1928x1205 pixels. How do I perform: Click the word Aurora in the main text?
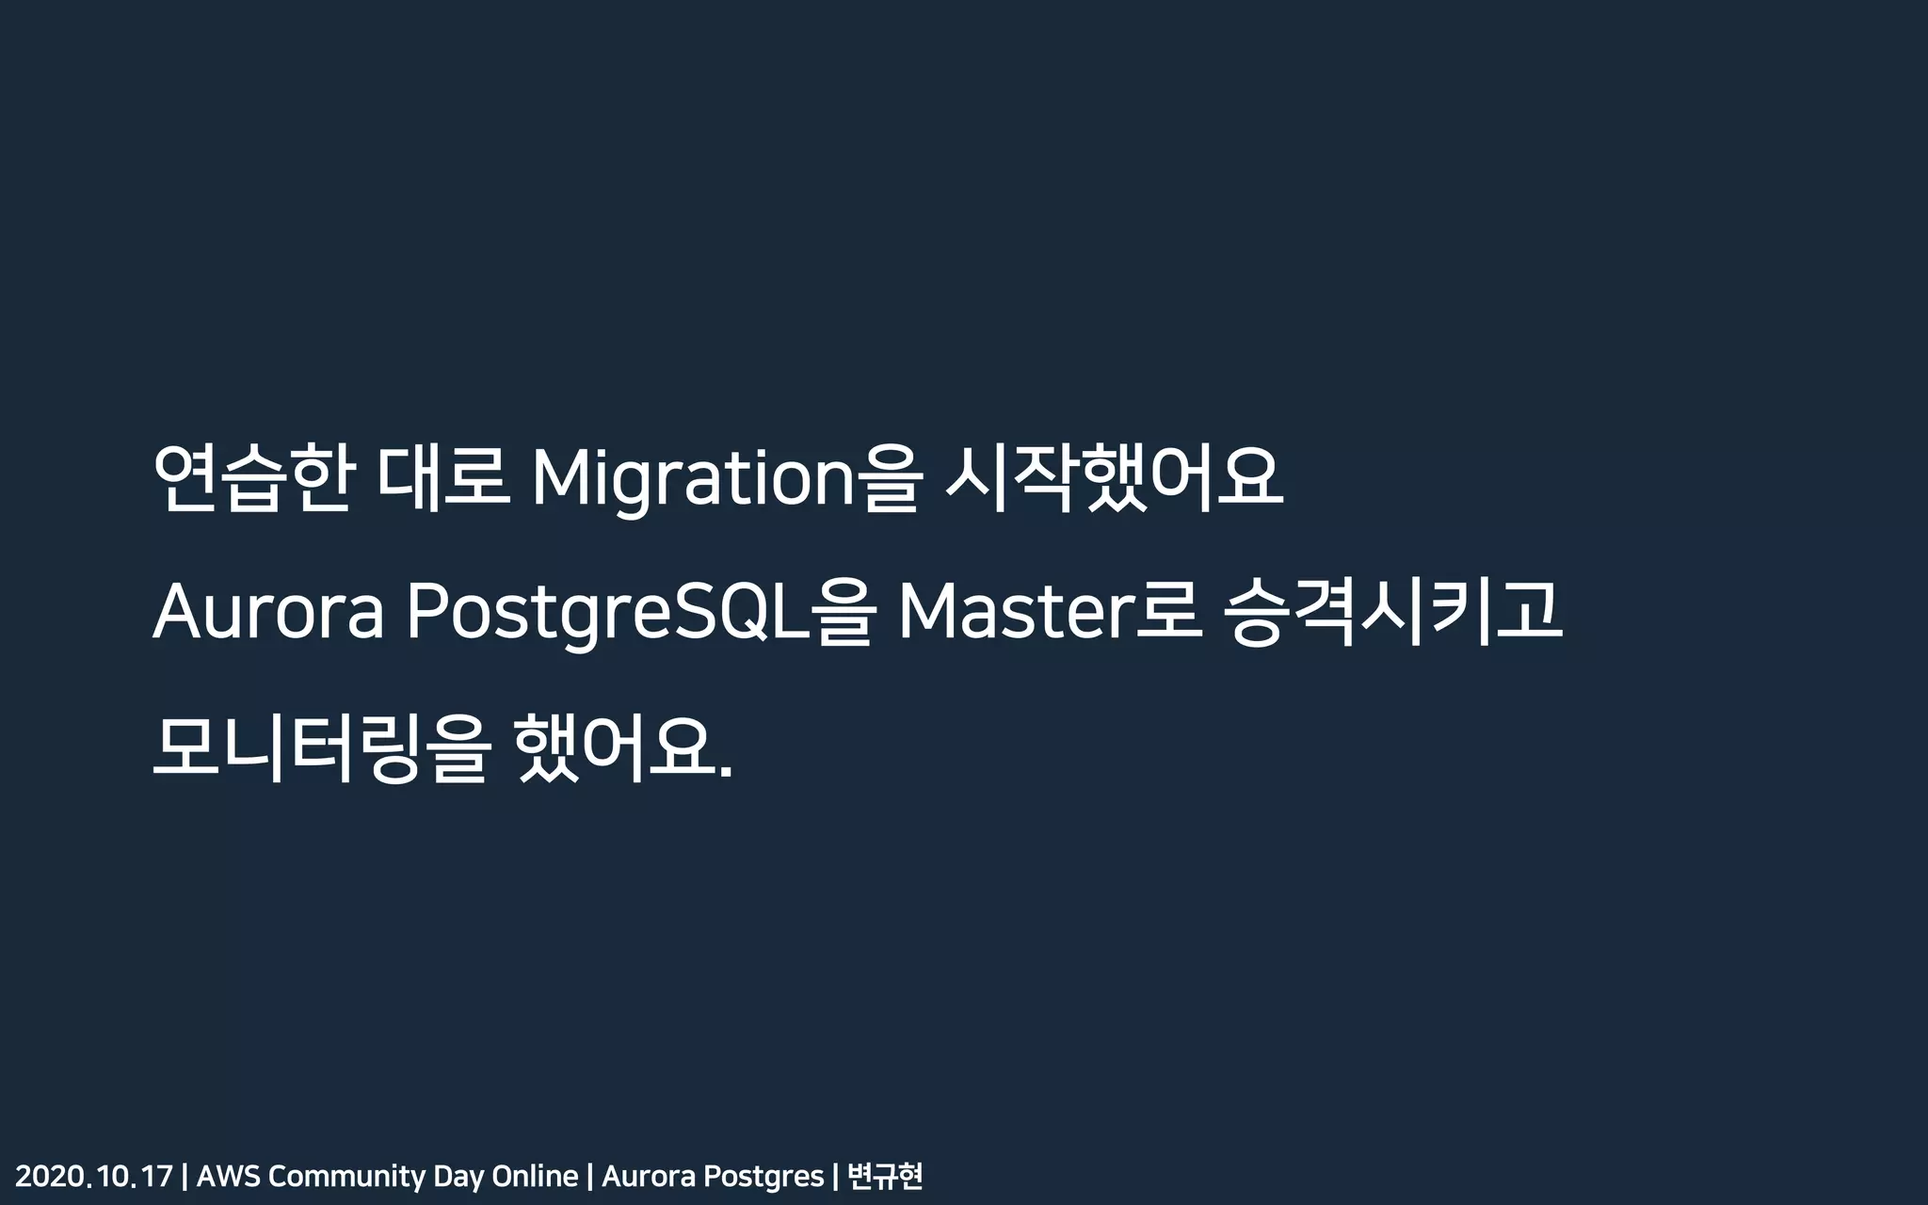click(268, 613)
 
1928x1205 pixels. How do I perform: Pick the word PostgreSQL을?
click(641, 613)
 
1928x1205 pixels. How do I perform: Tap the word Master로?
click(1050, 613)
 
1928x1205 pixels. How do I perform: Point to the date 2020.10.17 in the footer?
click(94, 1177)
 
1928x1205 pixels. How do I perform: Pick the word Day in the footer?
click(458, 1177)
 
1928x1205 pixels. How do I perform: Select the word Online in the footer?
click(535, 1177)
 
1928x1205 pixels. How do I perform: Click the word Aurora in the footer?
click(648, 1177)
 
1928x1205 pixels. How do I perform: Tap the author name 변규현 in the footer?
click(885, 1177)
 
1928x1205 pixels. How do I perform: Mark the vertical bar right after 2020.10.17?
click(185, 1177)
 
